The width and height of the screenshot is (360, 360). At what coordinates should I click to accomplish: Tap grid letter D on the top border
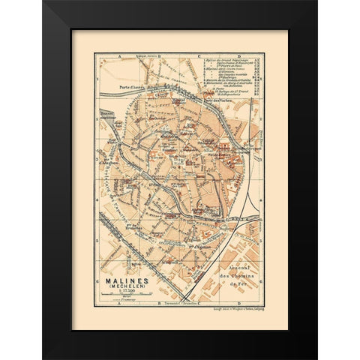[239, 56]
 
